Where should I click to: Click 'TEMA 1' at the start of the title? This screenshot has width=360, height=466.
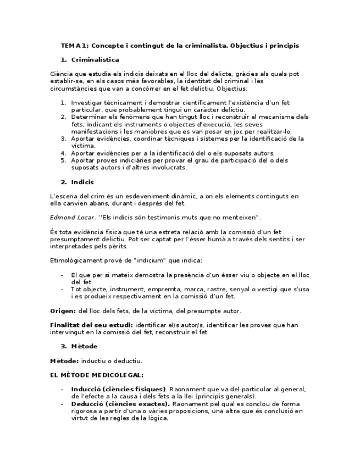click(x=72, y=46)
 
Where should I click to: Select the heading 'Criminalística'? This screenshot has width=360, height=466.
click(x=95, y=59)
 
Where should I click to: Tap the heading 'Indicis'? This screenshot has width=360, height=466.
click(x=82, y=182)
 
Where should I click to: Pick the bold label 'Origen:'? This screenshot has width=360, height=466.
click(x=61, y=311)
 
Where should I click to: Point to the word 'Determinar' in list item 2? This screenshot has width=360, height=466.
click(x=90, y=117)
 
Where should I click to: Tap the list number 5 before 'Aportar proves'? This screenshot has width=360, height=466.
click(x=63, y=160)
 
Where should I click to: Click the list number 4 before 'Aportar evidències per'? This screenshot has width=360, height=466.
click(x=63, y=153)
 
